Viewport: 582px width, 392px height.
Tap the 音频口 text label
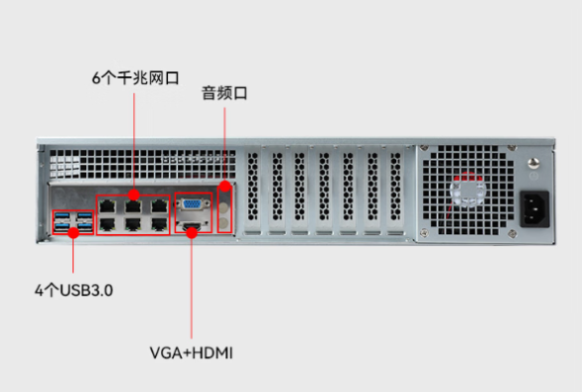click(x=224, y=94)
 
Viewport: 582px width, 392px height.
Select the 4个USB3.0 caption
click(x=68, y=291)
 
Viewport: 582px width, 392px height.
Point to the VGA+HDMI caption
click(x=192, y=352)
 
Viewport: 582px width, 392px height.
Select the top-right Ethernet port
click(x=158, y=205)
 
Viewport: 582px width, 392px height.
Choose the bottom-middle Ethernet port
click(x=133, y=224)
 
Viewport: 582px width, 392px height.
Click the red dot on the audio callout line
click(x=225, y=187)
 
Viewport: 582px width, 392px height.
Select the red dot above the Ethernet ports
click(x=133, y=195)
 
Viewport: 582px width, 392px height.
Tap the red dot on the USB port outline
click(x=72, y=233)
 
